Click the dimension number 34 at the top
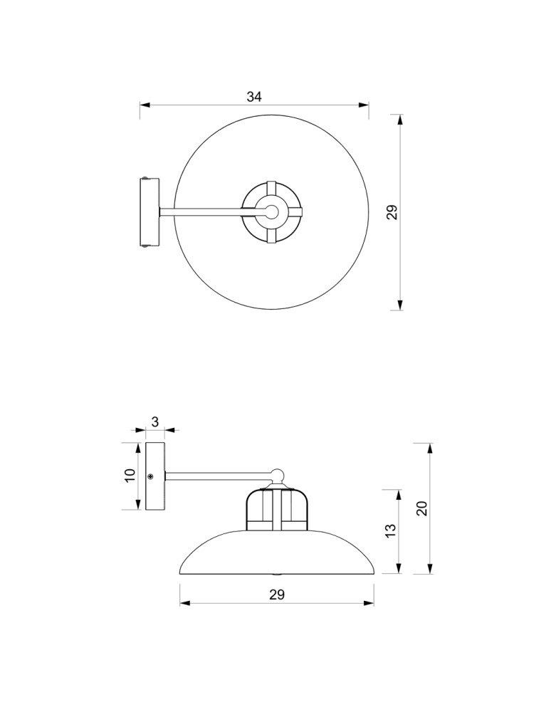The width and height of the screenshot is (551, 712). [x=254, y=98]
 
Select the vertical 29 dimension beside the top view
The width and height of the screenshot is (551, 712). [x=391, y=212]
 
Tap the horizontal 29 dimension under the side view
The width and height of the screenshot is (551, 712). [x=277, y=595]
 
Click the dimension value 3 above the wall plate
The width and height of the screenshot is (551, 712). [x=155, y=422]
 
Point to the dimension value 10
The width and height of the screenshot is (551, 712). [x=130, y=476]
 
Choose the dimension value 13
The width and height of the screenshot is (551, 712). [x=390, y=530]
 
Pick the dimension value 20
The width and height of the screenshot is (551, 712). [x=421, y=508]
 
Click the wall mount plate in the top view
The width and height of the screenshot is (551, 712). [x=149, y=212]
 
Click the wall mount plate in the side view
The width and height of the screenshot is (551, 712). [x=155, y=476]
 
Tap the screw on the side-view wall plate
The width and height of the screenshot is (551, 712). [x=150, y=476]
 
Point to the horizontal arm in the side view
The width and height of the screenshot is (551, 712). [x=217, y=475]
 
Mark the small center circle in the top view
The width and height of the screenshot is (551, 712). [x=271, y=211]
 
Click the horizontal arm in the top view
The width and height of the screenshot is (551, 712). [x=203, y=211]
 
